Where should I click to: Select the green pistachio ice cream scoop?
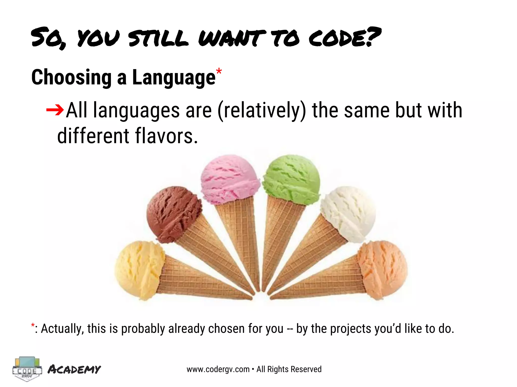292,179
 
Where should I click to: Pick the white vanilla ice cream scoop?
348,213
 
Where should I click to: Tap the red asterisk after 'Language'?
219,71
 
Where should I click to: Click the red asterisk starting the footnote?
33,326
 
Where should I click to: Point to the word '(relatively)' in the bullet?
262,110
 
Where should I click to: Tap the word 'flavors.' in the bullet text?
166,136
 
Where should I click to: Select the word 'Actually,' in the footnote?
62,329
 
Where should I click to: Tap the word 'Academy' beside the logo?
74,369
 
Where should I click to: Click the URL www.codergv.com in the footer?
218,369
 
